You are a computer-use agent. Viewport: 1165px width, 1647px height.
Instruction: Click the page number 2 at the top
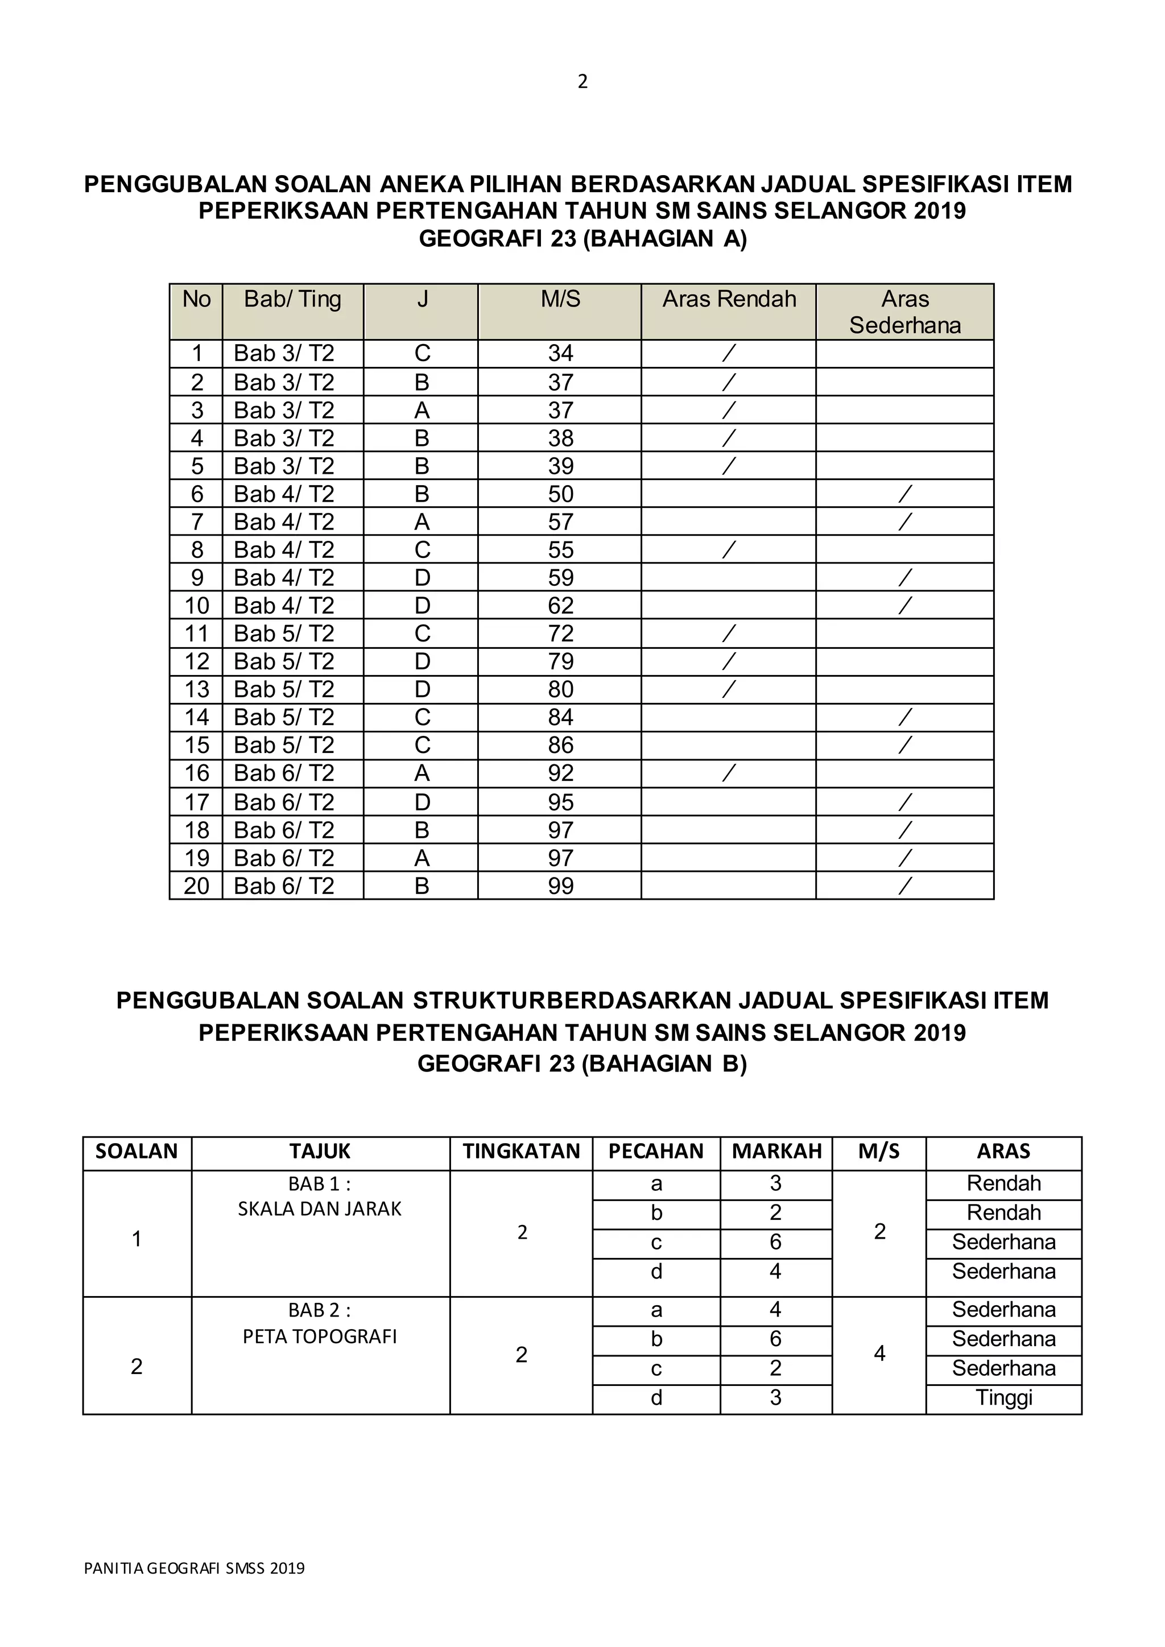click(x=582, y=82)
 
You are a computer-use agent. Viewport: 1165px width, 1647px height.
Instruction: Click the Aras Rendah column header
click(x=729, y=299)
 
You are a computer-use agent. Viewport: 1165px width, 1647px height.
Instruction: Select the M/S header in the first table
click(x=560, y=299)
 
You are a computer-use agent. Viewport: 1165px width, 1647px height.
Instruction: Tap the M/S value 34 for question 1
click(x=560, y=354)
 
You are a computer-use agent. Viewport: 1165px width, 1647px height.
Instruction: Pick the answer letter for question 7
click(x=422, y=522)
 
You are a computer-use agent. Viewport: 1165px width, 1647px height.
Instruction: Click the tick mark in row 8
click(x=729, y=550)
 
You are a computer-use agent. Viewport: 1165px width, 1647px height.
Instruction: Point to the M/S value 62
click(x=560, y=606)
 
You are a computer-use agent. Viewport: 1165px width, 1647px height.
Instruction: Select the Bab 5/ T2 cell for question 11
click(x=284, y=634)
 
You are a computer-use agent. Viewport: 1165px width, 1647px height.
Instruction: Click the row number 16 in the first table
click(x=197, y=774)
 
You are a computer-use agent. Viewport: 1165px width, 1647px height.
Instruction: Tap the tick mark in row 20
click(x=905, y=887)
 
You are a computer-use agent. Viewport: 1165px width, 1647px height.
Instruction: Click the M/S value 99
click(x=560, y=887)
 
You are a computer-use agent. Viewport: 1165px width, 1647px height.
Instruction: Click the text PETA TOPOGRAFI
click(x=320, y=1337)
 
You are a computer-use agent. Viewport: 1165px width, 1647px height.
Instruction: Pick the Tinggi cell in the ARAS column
click(x=1003, y=1398)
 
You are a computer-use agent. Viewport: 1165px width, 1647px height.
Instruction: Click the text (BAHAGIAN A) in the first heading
click(x=664, y=239)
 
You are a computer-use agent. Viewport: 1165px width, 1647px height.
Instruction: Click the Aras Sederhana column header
click(x=905, y=312)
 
